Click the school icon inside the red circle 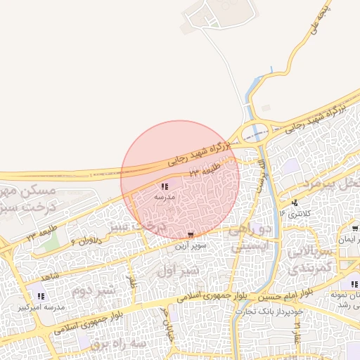164,187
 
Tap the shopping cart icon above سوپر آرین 191,235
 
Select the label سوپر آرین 190,247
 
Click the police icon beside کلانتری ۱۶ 294,202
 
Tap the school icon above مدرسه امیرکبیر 40,297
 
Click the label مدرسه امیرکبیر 44,308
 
